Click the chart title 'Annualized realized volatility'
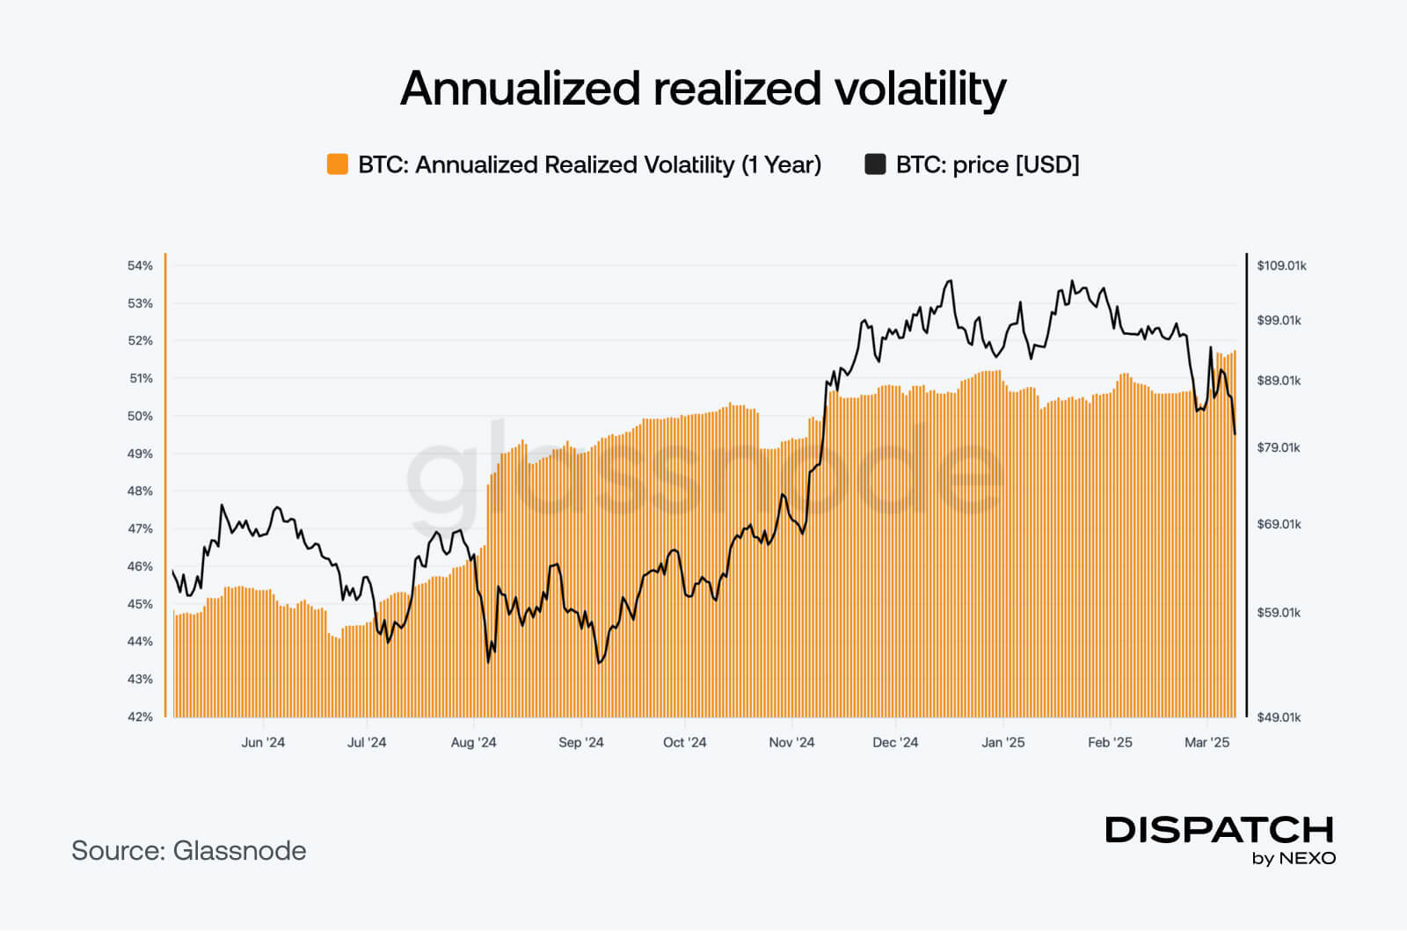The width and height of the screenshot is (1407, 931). tap(703, 89)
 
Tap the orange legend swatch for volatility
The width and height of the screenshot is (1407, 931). tap(337, 164)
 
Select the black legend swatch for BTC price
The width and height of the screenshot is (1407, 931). tap(875, 164)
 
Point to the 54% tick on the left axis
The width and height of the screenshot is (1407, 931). tap(141, 265)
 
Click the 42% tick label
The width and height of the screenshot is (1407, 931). tap(141, 716)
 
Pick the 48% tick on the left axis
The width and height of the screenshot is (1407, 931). tap(141, 491)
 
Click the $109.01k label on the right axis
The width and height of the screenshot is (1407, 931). tap(1281, 265)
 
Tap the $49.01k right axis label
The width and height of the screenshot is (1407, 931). tap(1279, 716)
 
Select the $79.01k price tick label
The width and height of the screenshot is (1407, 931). tap(1279, 447)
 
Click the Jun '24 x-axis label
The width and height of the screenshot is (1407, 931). tap(263, 742)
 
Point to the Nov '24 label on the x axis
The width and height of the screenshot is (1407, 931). tap(791, 742)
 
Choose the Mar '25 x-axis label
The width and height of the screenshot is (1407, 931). tap(1207, 742)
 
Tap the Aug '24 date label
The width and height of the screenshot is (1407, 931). tap(473, 742)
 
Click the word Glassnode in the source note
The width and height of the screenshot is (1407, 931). tap(239, 850)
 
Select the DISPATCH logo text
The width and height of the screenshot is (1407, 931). tap(1219, 829)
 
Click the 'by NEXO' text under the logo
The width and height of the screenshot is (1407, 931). tap(1294, 858)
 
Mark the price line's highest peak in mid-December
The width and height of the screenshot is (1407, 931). tap(949, 281)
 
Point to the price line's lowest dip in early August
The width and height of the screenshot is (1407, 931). tap(488, 662)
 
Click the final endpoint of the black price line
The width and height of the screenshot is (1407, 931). tap(1236, 433)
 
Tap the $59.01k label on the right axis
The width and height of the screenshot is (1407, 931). tap(1279, 612)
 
